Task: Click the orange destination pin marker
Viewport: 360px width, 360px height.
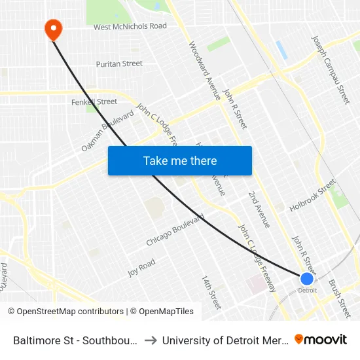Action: tap(52, 28)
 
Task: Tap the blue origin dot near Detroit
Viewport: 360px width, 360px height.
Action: tap(306, 279)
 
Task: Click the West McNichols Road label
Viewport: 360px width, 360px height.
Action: tap(130, 27)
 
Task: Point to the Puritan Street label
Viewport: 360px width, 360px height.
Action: tap(119, 63)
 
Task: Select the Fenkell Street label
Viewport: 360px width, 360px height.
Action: tap(94, 102)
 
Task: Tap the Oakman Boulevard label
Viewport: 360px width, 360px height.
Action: tap(108, 131)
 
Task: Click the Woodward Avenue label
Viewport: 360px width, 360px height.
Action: tap(204, 71)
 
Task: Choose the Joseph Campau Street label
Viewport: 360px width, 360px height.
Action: tap(331, 69)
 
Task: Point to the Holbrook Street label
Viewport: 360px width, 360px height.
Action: tap(312, 199)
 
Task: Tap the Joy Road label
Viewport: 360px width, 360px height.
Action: tap(141, 268)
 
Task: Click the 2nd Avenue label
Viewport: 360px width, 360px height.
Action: tap(259, 209)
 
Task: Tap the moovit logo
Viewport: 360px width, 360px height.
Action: tap(320, 339)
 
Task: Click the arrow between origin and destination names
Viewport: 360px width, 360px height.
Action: tap(150, 340)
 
